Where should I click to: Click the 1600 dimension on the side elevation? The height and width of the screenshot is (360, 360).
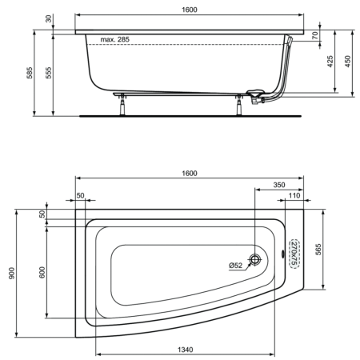click(190, 10)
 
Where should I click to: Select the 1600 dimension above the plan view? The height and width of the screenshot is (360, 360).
click(190, 173)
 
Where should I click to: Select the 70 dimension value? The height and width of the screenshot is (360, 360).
click(316, 35)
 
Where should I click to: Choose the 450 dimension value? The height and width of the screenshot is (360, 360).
click(347, 62)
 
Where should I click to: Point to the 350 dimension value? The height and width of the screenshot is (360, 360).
click(278, 185)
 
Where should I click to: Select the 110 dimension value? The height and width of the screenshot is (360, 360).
click(294, 195)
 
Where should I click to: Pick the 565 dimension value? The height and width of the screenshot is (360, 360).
click(317, 249)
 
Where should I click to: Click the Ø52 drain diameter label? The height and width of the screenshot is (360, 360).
click(235, 266)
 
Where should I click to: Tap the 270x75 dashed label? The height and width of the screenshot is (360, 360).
click(294, 251)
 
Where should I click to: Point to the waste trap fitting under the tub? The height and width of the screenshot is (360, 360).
click(255, 98)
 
